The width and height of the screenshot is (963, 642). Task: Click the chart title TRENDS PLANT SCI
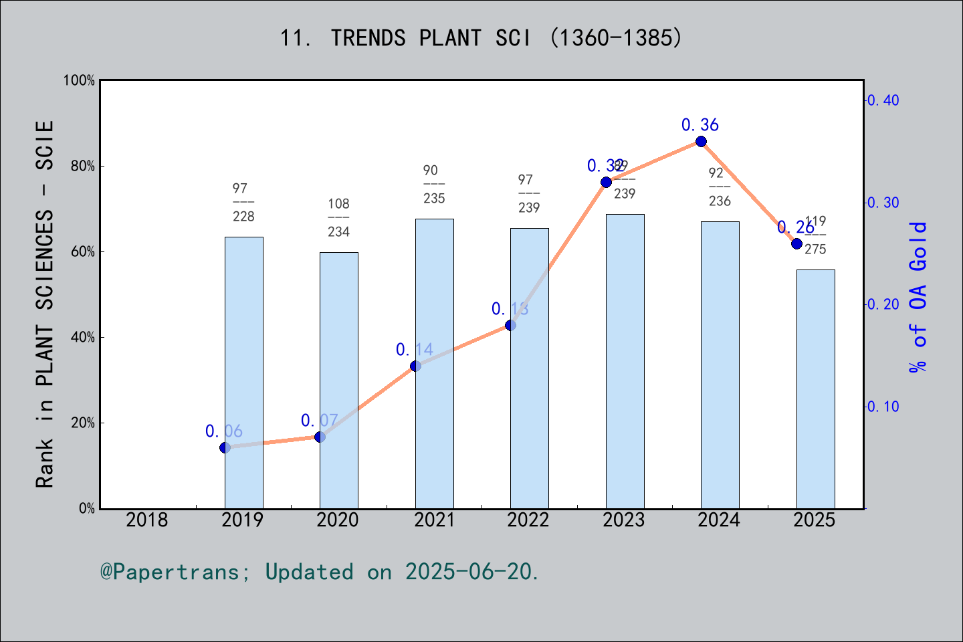point(481,38)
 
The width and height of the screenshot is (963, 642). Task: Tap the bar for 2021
point(434,364)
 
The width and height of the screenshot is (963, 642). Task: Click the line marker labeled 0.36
point(701,141)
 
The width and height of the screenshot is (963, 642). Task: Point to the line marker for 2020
point(320,437)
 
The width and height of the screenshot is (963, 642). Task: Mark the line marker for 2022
point(510,325)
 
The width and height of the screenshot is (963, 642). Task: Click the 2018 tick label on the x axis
point(147,520)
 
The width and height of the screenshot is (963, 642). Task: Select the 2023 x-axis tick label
point(623,520)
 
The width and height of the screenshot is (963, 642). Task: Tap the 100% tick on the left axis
point(79,80)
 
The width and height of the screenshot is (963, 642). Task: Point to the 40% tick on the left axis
point(82,337)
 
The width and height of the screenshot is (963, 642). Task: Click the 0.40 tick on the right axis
point(884,100)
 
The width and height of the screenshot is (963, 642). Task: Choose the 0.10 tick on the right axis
point(884,407)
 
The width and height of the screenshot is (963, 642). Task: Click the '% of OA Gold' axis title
point(918,297)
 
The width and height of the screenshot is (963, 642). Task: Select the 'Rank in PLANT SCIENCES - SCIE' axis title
point(45,304)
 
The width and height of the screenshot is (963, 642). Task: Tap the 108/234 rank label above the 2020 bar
point(338,217)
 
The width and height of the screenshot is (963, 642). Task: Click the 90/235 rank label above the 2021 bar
point(434,184)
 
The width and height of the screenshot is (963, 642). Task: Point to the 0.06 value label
point(224,431)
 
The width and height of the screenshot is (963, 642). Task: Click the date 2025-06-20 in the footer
point(471,572)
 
